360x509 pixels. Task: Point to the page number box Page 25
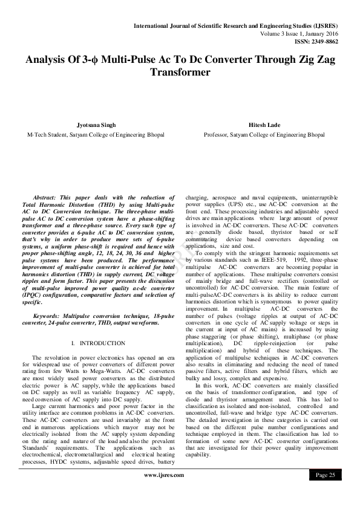327,476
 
